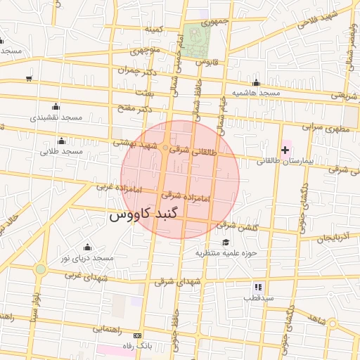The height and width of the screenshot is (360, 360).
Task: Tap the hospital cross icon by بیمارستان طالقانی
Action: click(x=284, y=150)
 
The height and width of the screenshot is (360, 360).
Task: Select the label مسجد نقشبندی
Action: click(x=56, y=117)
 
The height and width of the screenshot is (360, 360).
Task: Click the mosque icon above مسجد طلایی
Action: click(x=62, y=141)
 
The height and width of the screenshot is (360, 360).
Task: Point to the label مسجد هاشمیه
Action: click(x=257, y=93)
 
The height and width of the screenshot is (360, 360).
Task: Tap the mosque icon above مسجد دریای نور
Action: click(x=87, y=247)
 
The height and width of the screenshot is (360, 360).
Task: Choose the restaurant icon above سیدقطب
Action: click(x=258, y=287)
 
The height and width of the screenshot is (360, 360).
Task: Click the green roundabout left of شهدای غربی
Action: click(x=41, y=269)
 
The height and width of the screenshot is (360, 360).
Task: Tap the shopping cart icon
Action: click(x=28, y=79)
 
